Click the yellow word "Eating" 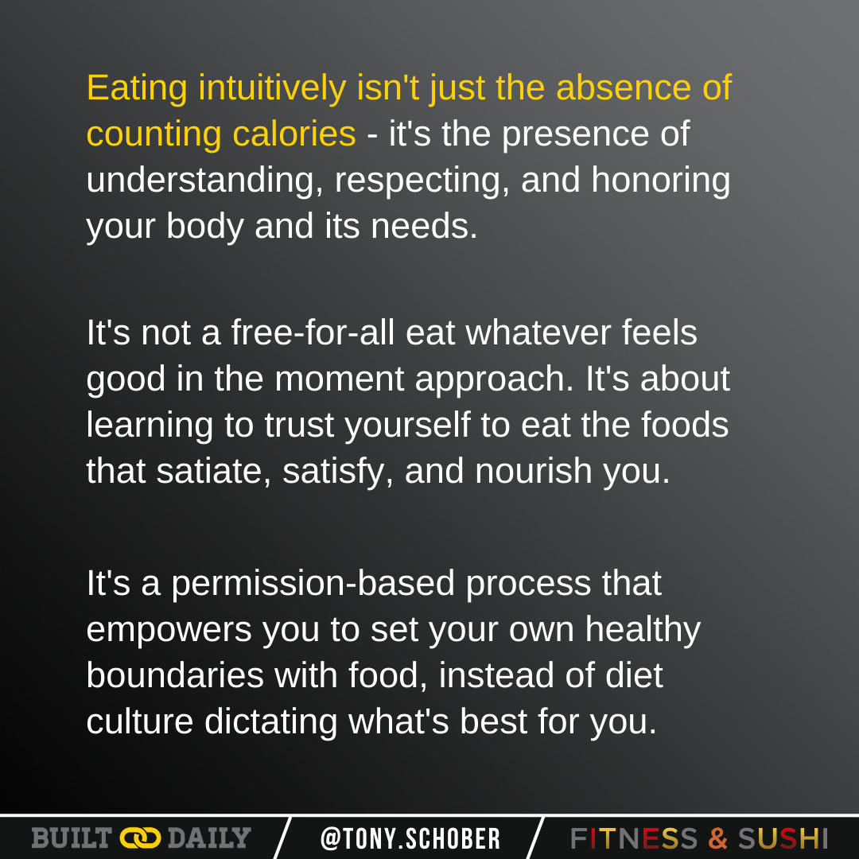pos(137,89)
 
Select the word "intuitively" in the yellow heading pos(272,88)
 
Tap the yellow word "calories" pos(294,134)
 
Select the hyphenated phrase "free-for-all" pos(313,332)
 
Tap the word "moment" pos(340,379)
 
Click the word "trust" pos(299,425)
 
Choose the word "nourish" pos(534,471)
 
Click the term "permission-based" pos(313,585)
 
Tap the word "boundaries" pos(175,675)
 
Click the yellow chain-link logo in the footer pos(140,838)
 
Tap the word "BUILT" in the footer pos(72,838)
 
